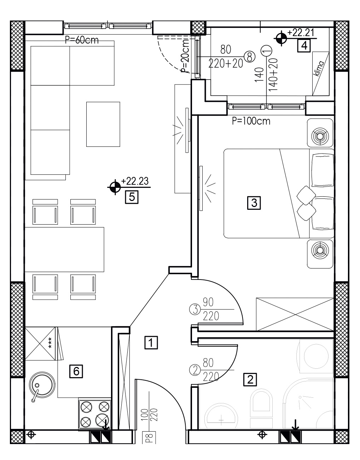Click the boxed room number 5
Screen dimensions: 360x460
[x=132, y=197]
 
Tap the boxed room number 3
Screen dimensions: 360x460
[x=254, y=203]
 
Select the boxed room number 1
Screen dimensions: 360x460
[x=151, y=342]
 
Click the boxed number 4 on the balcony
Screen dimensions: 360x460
[x=304, y=46]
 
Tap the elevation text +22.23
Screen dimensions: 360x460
[x=135, y=182]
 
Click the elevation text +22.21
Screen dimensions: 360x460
[x=301, y=33]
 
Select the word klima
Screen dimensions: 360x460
[x=319, y=69]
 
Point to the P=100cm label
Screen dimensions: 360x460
[x=251, y=121]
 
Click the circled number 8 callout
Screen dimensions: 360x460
[x=250, y=57]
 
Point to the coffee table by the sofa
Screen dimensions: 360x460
[x=103, y=124]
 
